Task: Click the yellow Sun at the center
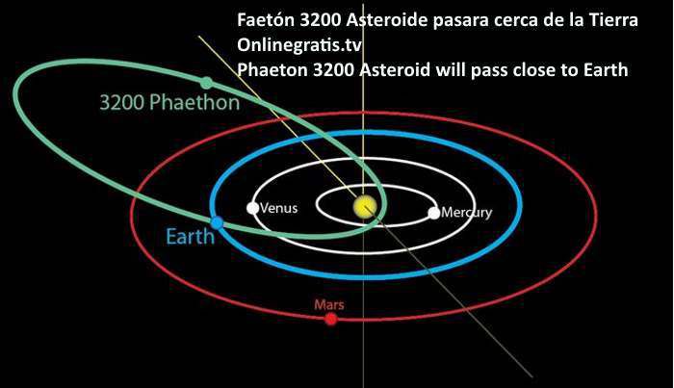(x=365, y=207)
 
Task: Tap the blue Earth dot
(x=217, y=223)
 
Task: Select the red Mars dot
(x=330, y=319)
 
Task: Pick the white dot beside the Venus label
(x=252, y=208)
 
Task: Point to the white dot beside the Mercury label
(x=434, y=213)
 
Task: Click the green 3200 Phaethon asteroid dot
(x=207, y=83)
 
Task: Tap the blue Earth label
(x=191, y=236)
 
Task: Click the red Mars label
(x=329, y=304)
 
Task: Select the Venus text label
(x=279, y=208)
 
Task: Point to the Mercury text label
(x=467, y=212)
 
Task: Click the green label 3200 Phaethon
(x=169, y=103)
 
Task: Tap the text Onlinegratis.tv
(x=299, y=44)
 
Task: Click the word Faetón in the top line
(x=266, y=20)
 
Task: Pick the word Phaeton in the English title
(x=272, y=69)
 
